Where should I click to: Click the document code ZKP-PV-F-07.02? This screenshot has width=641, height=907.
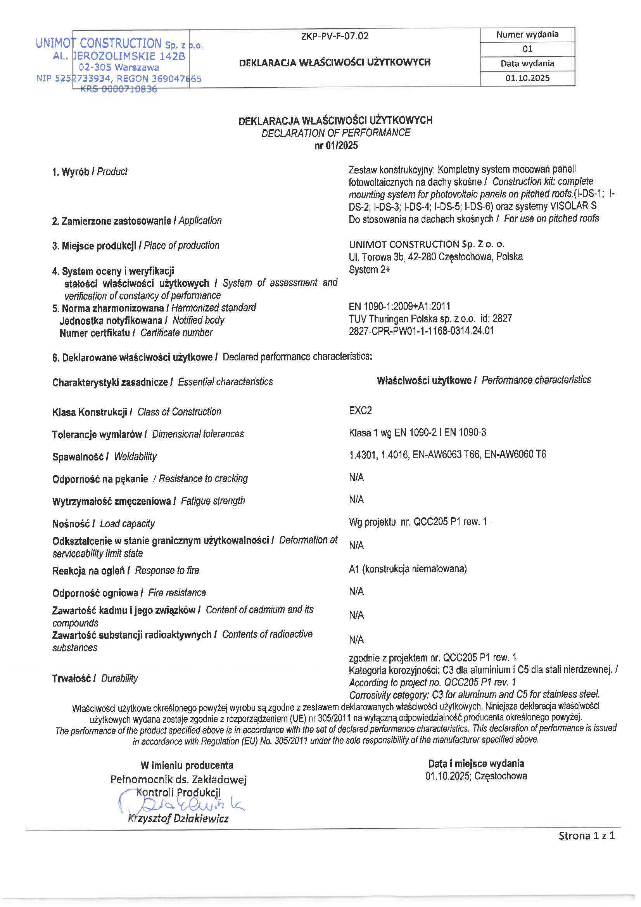pos(335,36)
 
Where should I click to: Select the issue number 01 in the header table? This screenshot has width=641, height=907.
pos(527,49)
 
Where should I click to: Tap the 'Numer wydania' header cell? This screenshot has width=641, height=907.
pos(527,35)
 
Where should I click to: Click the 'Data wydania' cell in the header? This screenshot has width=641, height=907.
pos(527,63)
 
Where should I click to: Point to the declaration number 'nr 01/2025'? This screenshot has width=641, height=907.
pos(336,145)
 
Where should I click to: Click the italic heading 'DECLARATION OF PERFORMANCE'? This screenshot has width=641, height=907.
pos(336,133)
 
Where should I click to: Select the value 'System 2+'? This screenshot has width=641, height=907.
pos(369,269)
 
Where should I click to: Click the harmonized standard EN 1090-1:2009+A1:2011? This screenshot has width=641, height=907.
pos(399,306)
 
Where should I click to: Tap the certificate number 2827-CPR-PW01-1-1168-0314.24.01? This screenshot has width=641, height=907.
pos(421,331)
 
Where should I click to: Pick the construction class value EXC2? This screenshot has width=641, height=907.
pos(360,410)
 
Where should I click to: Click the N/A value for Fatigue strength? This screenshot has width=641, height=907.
pos(356,500)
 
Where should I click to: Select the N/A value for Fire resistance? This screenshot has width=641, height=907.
pos(356,591)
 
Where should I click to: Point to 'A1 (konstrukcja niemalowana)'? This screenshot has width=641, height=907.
pos(408,569)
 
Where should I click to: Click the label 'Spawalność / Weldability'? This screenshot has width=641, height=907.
pos(104,457)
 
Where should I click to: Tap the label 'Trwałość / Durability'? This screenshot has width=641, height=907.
pos(95,678)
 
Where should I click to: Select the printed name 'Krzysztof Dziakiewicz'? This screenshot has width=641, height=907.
pos(178,819)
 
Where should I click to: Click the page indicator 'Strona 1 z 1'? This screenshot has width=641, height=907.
pos(586,836)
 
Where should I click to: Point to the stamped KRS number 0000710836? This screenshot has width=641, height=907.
pos(119,89)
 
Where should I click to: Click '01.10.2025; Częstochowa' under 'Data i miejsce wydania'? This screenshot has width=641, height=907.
pos(476,776)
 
